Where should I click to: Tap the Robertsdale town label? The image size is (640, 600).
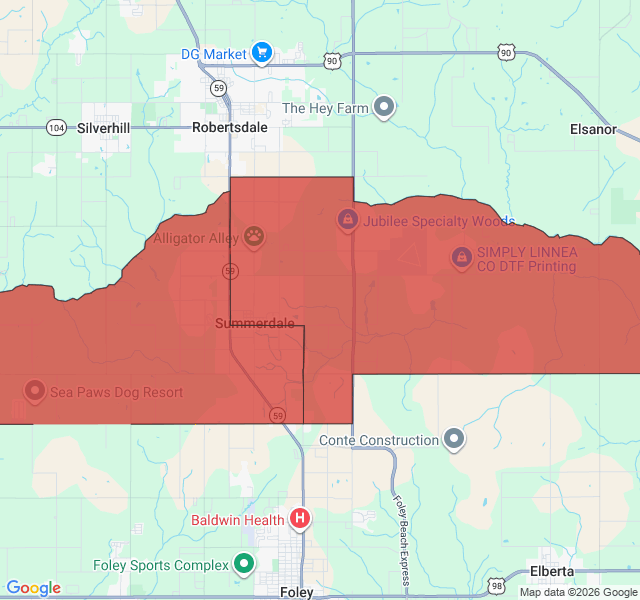[230, 128]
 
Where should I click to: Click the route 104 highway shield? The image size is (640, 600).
[57, 128]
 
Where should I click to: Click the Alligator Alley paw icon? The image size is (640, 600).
[257, 237]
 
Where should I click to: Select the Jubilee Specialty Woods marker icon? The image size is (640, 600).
[347, 219]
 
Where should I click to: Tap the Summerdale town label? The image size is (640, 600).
[255, 324]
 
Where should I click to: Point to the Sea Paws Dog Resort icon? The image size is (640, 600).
[35, 391]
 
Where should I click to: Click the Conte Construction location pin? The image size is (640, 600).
[454, 439]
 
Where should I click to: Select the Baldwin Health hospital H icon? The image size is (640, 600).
[300, 518]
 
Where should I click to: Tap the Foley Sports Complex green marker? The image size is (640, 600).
[244, 565]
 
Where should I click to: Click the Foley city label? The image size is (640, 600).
[297, 592]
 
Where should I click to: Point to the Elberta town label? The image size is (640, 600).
[552, 571]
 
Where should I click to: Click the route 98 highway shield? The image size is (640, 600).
[497, 584]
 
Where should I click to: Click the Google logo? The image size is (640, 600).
[33, 588]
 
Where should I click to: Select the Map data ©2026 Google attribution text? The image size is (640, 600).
[578, 592]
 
